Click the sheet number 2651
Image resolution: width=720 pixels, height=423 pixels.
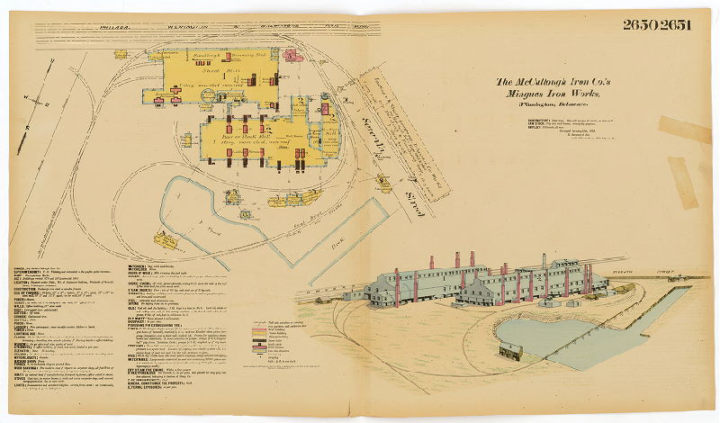tap(674, 24)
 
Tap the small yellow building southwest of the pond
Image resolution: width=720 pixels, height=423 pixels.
tap(166, 240)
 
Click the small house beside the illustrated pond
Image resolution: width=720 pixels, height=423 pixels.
tap(512, 351)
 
